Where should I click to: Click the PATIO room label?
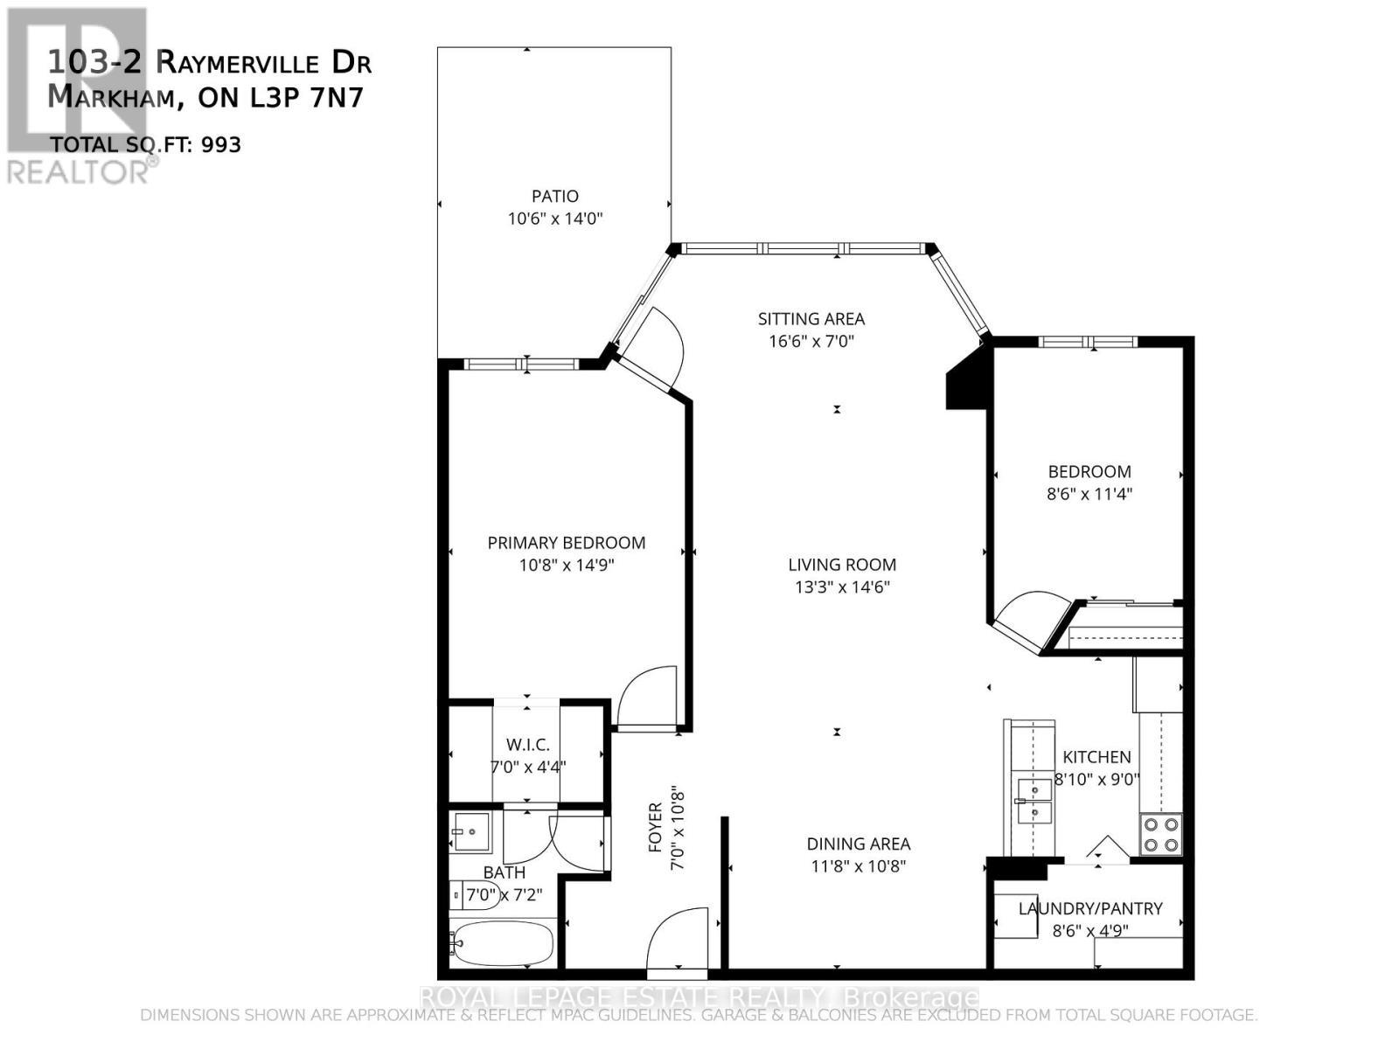pyautogui.click(x=555, y=196)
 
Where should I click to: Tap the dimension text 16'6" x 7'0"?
pyautogui.click(x=811, y=341)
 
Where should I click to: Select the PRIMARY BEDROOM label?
pyautogui.click(x=567, y=543)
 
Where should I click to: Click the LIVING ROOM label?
pyautogui.click(x=842, y=565)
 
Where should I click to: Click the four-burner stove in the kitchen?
pyautogui.click(x=1161, y=834)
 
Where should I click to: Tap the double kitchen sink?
pyautogui.click(x=1034, y=801)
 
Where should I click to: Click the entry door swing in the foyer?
pyautogui.click(x=678, y=938)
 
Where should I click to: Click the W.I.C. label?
pyautogui.click(x=528, y=745)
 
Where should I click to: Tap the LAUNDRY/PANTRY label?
pyautogui.click(x=1090, y=908)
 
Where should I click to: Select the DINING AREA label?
pyautogui.click(x=858, y=844)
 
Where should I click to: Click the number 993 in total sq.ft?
pyautogui.click(x=221, y=144)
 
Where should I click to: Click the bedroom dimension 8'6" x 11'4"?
pyautogui.click(x=1089, y=494)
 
